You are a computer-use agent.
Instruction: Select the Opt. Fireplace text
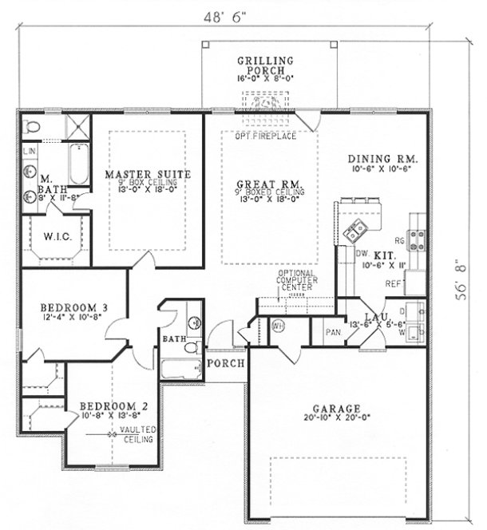(266, 136)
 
